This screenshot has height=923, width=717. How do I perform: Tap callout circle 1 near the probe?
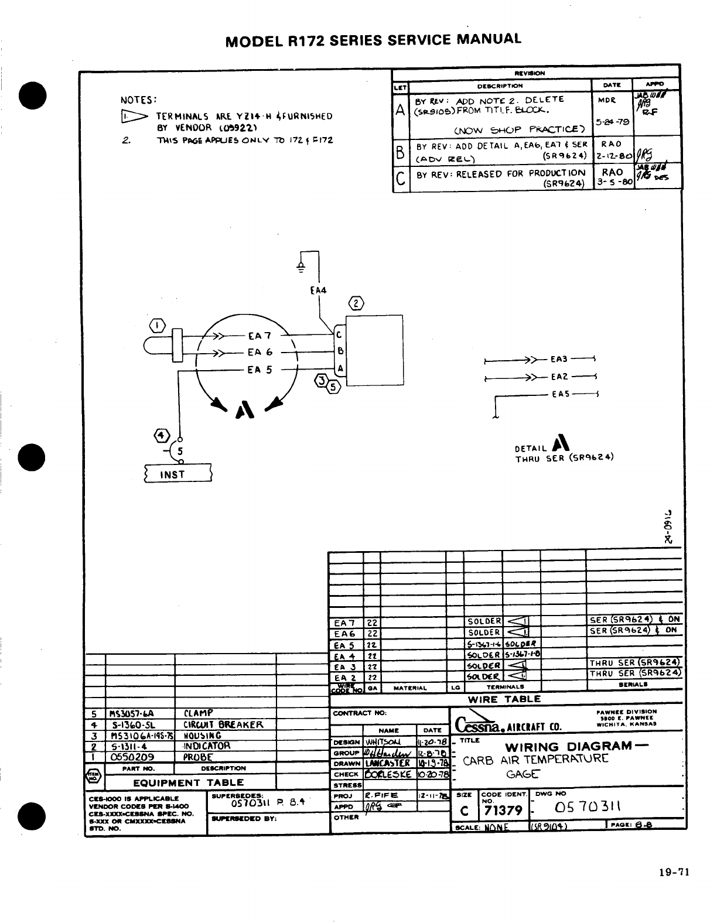click(x=158, y=326)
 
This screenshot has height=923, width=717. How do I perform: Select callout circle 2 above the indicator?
click(x=356, y=303)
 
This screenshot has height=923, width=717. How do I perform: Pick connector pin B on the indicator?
click(x=340, y=352)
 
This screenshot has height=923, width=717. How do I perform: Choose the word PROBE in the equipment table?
click(x=198, y=757)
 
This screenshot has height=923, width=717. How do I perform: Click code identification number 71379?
click(x=502, y=811)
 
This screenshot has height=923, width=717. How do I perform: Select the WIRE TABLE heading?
click(x=504, y=699)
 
